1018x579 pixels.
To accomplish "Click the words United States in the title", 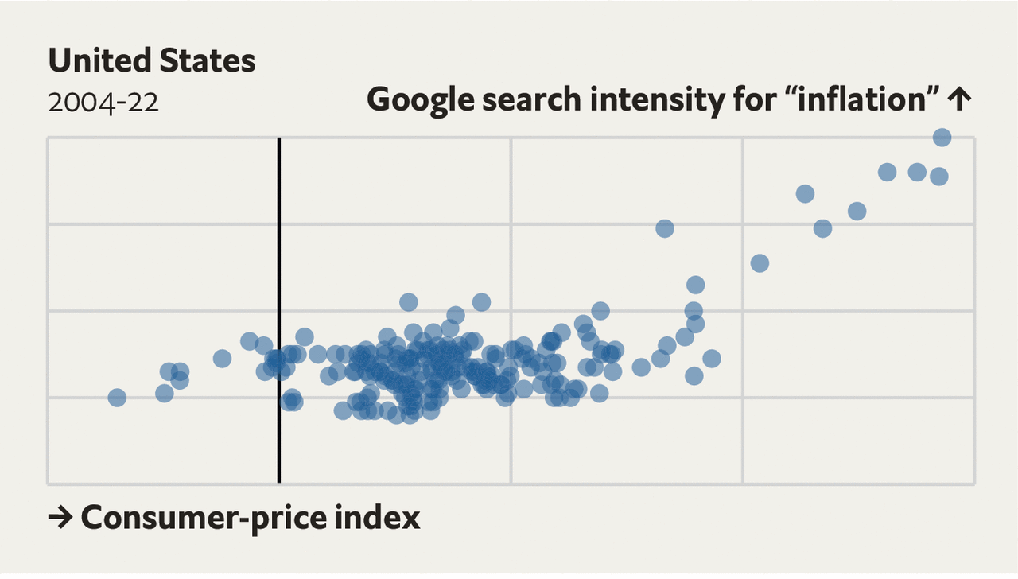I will pos(152,60).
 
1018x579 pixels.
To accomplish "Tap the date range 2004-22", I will pos(103,103).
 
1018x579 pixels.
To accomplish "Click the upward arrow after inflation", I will pos(961,100).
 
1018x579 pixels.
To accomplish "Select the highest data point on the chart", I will pos(942,138).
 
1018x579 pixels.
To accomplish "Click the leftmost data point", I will pos(117,398).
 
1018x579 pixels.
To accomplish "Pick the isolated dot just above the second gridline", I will pos(665,228).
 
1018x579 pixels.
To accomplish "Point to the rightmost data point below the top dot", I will pos(939,176).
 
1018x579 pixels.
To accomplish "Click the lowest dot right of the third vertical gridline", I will pos(760,263).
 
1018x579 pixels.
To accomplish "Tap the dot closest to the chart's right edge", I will pos(942,138).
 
